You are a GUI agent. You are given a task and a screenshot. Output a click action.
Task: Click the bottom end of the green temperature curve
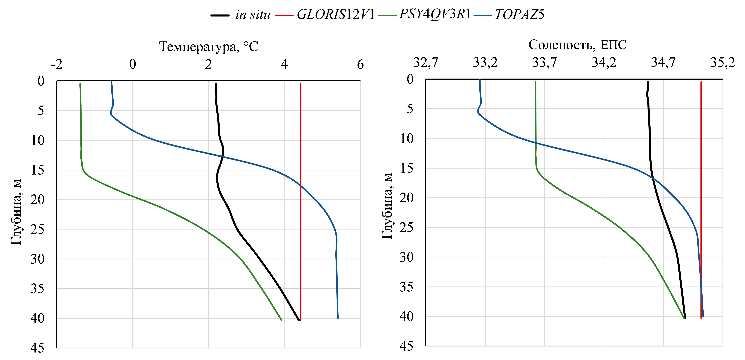281,320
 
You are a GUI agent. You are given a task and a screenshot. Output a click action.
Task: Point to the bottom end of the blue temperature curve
337,318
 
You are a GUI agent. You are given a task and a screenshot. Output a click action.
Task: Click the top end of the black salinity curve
648,82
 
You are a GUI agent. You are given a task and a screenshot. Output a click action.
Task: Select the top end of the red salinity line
701,82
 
